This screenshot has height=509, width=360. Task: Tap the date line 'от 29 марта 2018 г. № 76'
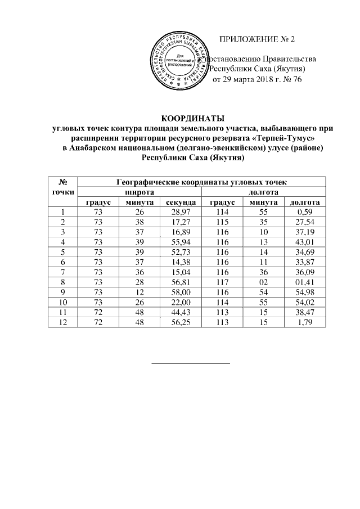(x=257, y=79)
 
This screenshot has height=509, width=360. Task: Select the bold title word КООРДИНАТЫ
(x=193, y=118)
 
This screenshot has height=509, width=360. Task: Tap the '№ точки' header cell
(x=63, y=187)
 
